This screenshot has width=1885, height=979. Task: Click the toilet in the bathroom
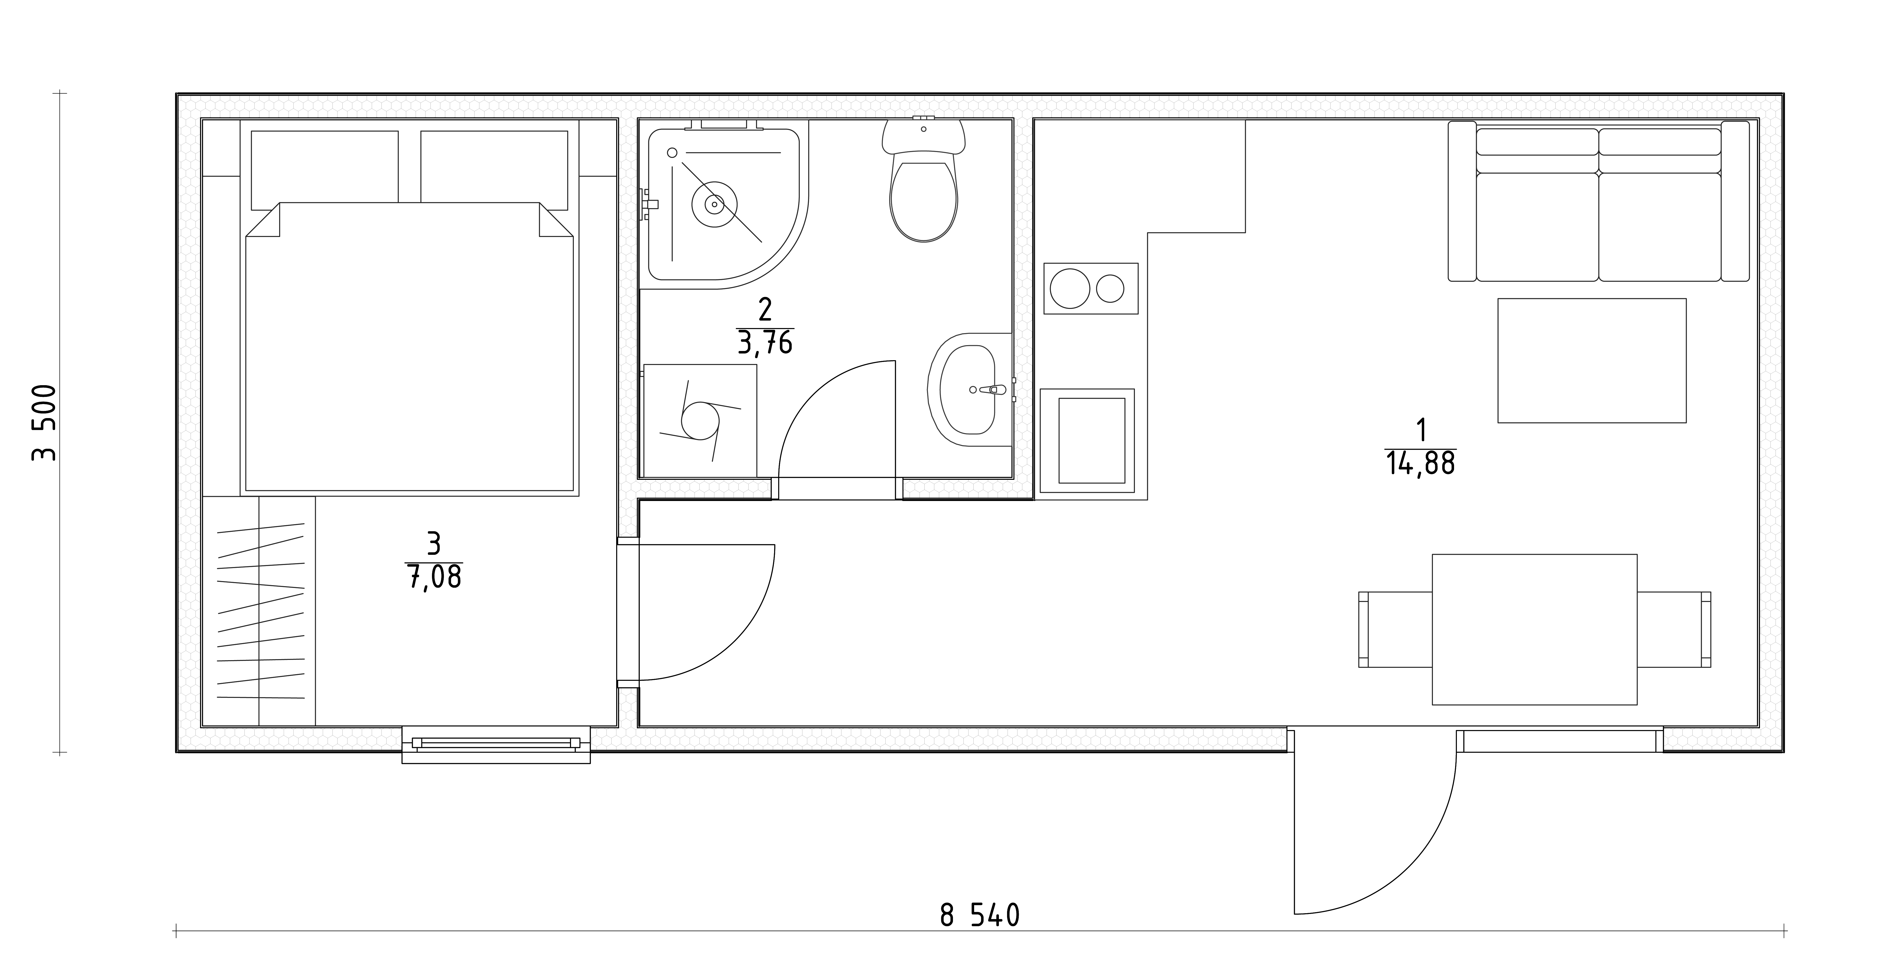click(x=923, y=183)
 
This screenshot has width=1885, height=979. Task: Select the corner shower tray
click(x=724, y=205)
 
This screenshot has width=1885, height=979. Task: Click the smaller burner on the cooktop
click(x=1110, y=288)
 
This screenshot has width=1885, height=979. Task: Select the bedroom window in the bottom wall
click(x=496, y=744)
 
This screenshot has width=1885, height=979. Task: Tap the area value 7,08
click(x=434, y=577)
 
